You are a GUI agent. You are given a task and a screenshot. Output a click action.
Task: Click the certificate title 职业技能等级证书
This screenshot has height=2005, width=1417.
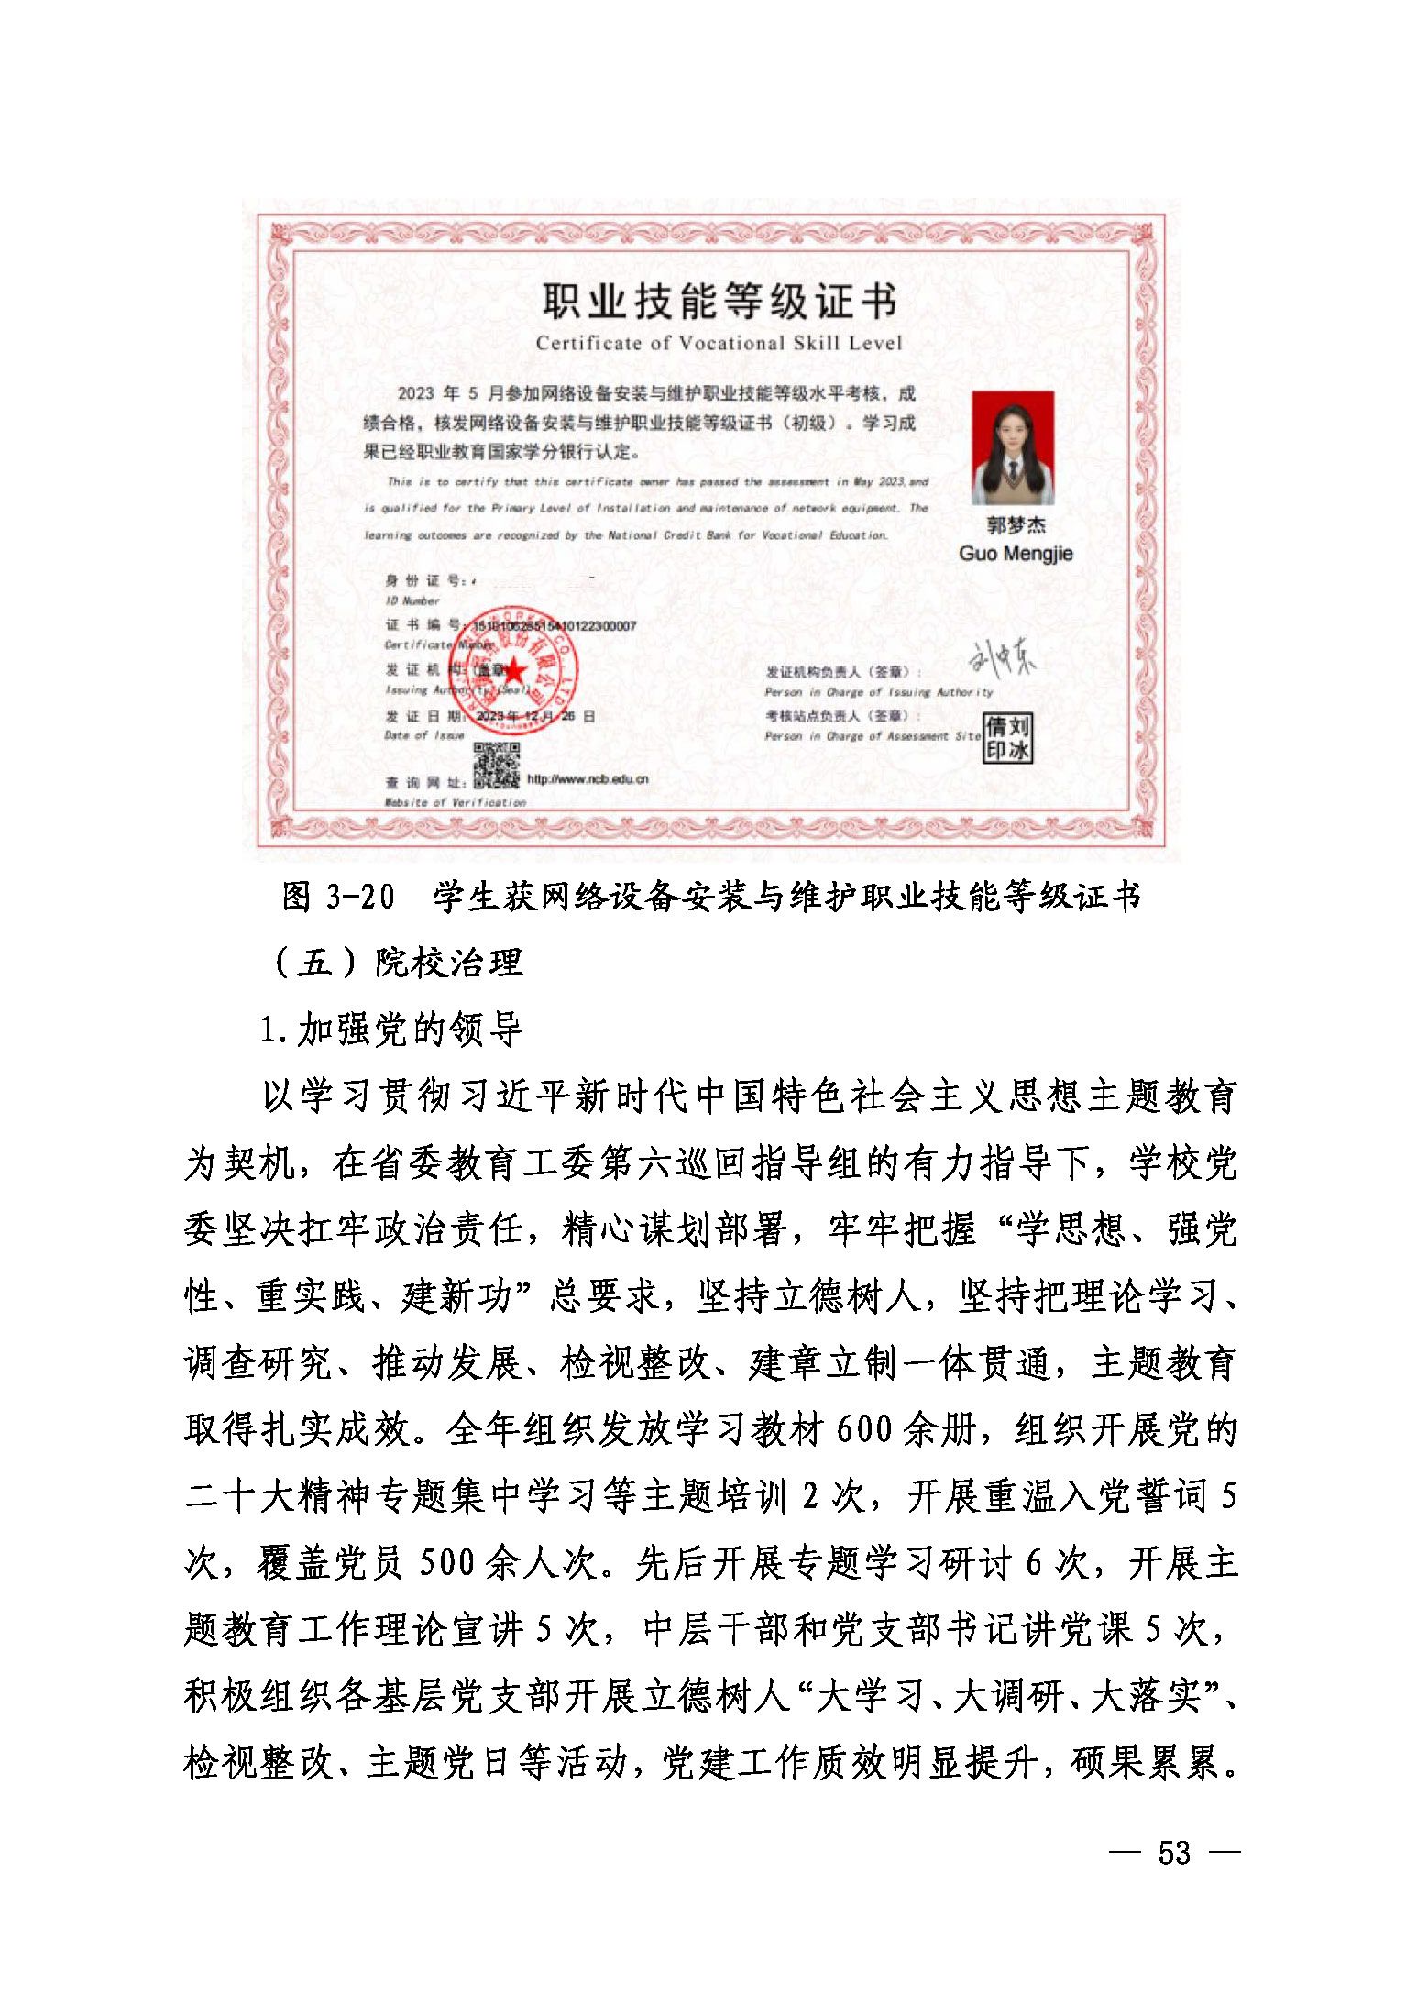[719, 301]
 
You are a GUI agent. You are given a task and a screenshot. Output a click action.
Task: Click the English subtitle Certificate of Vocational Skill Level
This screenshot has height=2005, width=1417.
[719, 344]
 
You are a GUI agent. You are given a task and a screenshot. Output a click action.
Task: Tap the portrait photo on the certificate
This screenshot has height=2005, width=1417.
[1013, 447]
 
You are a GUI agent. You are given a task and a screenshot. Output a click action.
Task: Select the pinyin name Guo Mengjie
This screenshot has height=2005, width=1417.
[1016, 554]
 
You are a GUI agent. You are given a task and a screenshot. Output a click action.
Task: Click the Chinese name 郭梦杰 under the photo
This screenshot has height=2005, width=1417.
[1016, 525]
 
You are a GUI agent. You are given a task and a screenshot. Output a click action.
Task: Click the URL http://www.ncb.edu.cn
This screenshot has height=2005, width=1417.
[588, 779]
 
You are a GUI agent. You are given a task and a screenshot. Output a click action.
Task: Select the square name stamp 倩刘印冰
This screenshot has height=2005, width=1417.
[1007, 739]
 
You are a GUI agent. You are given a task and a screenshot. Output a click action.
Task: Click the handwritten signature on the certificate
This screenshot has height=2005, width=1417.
[1003, 658]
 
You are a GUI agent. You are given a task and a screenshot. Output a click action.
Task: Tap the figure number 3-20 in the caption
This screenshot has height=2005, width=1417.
[360, 897]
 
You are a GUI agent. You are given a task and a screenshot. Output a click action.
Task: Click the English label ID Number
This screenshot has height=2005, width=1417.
[412, 601]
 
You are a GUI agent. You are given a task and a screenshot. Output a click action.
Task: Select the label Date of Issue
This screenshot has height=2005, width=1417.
[424, 735]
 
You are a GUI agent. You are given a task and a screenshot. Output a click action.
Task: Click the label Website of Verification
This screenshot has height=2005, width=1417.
[456, 802]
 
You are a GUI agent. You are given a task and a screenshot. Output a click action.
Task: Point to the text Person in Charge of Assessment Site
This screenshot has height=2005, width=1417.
[873, 736]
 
